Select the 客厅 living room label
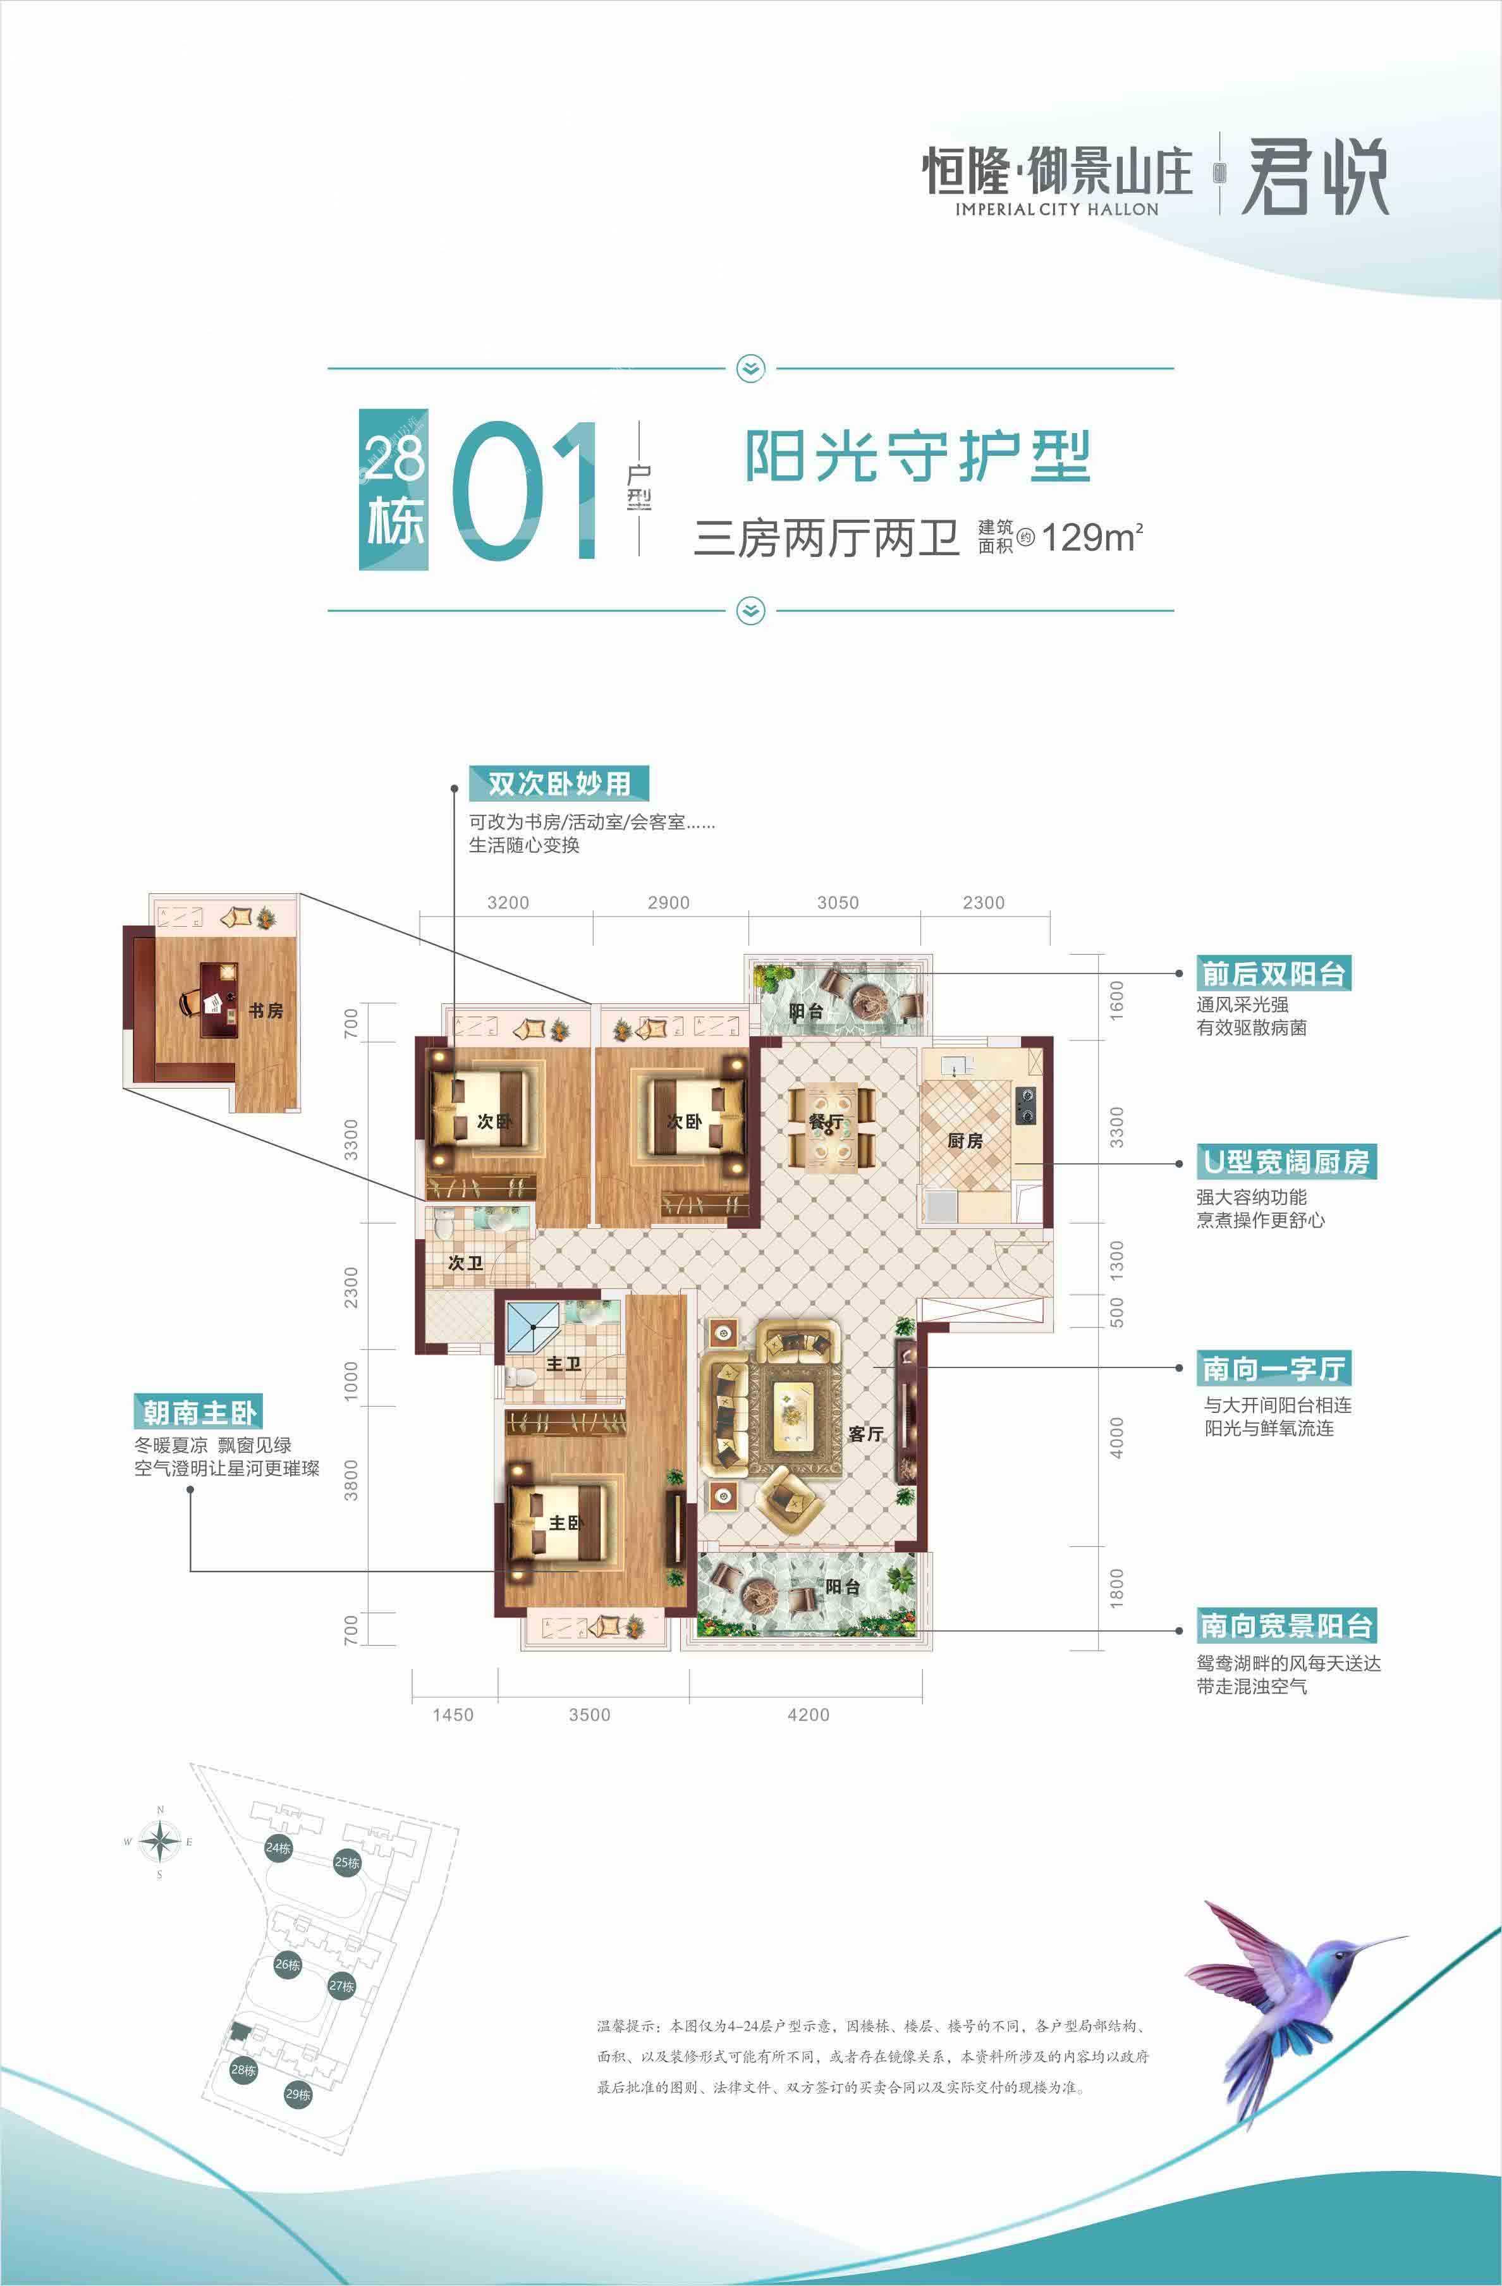coord(865,1434)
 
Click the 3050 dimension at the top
coord(838,903)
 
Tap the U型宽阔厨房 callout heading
coord(1285,1161)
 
